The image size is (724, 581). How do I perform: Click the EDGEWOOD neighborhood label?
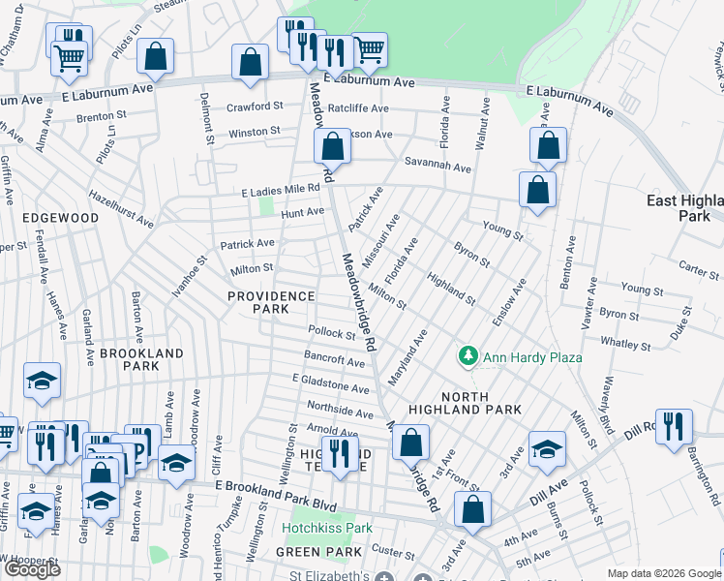(63, 218)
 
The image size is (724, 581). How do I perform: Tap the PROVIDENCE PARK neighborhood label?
(271, 302)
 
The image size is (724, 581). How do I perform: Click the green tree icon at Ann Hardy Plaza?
(468, 357)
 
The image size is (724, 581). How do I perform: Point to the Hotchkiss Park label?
(327, 529)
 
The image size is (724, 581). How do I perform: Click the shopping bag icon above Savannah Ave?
(332, 147)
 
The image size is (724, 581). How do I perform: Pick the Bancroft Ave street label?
(334, 359)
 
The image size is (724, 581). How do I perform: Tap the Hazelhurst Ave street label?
(121, 208)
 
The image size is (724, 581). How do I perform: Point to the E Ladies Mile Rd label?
(281, 193)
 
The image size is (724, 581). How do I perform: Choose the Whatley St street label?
(624, 344)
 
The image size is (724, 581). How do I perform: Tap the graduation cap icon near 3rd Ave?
(547, 448)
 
